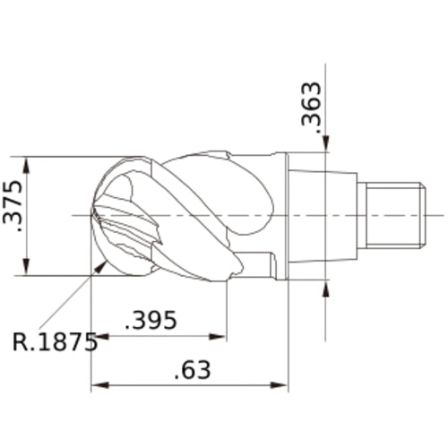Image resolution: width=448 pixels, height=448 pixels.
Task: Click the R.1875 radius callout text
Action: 55,342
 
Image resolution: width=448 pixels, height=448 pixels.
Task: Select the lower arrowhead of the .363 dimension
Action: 325,286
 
